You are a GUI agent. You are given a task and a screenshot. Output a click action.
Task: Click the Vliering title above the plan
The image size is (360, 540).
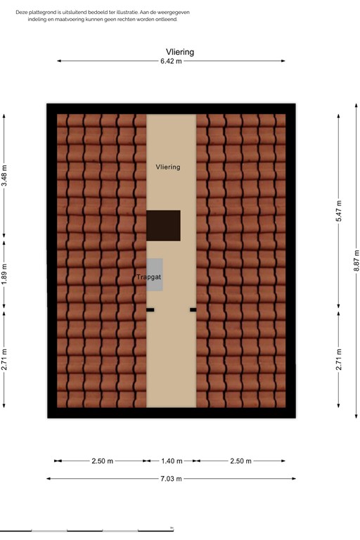point(180,52)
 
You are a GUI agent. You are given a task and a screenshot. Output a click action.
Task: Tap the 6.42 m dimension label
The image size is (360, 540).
point(171,61)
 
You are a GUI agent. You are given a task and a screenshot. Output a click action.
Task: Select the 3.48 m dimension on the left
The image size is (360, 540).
point(4,176)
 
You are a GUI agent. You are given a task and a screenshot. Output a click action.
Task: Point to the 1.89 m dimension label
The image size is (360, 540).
point(4,274)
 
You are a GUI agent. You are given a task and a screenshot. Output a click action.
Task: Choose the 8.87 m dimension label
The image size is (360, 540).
point(356,260)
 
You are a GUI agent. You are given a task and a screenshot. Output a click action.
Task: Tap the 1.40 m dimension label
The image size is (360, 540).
point(171,461)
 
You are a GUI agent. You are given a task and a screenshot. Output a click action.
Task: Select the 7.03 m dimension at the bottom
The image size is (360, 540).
point(171,479)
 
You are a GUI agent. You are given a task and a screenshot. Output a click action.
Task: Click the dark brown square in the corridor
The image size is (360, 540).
point(163,226)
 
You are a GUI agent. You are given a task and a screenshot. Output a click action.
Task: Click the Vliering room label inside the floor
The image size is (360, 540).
point(168,167)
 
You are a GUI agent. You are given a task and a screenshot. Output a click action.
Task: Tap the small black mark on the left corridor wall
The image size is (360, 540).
point(150,309)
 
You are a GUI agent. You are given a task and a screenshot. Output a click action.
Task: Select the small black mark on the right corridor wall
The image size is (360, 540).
point(193,309)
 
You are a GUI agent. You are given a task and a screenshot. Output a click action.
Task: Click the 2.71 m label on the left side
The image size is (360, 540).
point(4,359)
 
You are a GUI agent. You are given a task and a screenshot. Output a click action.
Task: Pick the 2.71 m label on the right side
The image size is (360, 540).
point(338,359)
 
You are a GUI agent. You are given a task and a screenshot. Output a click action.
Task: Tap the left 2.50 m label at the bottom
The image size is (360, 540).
point(102,461)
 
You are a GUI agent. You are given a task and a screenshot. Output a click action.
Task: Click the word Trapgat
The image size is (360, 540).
point(149,278)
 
